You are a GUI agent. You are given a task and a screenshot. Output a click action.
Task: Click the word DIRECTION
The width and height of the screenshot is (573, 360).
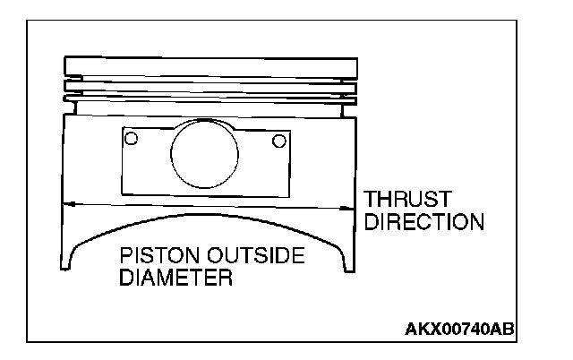(423, 221)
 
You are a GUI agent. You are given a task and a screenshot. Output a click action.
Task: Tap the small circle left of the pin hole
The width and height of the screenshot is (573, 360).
(131, 139)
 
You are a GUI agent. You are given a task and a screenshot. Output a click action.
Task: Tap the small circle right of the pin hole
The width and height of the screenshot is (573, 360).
(279, 140)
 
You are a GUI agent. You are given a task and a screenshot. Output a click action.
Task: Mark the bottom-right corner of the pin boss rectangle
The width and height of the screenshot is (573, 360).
(293, 194)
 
